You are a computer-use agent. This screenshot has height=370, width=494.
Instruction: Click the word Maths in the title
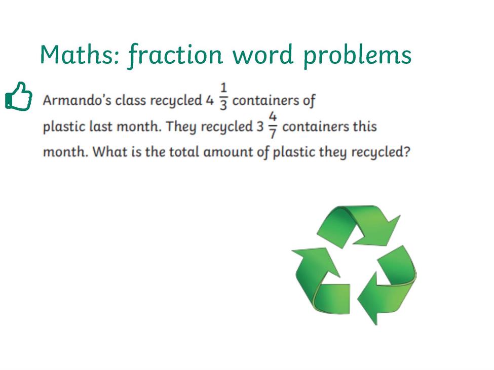coord(80,55)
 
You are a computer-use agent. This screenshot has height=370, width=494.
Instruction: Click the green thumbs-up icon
coord(19,97)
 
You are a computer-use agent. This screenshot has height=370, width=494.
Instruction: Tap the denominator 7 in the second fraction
coord(273,134)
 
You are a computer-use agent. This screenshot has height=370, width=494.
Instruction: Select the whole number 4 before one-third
coord(210,101)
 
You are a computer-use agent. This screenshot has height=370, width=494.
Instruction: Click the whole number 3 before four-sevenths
coord(260,127)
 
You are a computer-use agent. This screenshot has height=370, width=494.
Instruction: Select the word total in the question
coord(184,152)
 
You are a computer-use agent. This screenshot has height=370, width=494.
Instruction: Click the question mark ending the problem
coord(407,152)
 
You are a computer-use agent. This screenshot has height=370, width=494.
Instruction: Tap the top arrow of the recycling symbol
coord(359,224)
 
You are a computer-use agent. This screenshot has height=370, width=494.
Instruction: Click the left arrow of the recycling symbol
coord(318,280)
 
